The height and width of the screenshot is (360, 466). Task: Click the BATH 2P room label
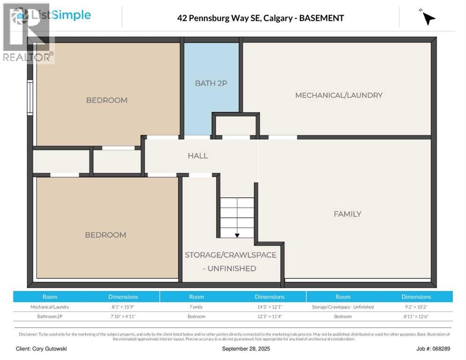point(211,83)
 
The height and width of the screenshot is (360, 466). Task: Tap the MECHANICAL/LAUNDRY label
point(338,95)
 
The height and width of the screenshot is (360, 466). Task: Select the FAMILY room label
point(347,214)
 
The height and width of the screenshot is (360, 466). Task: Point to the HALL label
point(198,156)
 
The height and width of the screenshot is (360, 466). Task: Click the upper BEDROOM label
point(106,100)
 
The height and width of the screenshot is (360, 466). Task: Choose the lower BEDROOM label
point(105,235)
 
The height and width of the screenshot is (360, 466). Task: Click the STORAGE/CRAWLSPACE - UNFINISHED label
point(230,262)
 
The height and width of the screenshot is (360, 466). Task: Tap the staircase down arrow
point(237,235)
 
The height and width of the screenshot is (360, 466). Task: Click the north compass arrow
point(428,18)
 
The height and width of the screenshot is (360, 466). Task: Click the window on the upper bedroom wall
point(30,97)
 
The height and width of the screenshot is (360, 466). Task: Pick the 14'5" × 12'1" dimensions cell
point(270,307)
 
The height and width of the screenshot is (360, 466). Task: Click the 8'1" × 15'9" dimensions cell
point(123,307)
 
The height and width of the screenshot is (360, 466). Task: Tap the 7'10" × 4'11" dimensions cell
point(123,316)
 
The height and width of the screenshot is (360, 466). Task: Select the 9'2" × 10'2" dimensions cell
point(416,307)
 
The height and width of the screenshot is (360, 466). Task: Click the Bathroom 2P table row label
point(50,316)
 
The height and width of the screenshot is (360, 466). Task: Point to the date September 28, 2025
point(246,349)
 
